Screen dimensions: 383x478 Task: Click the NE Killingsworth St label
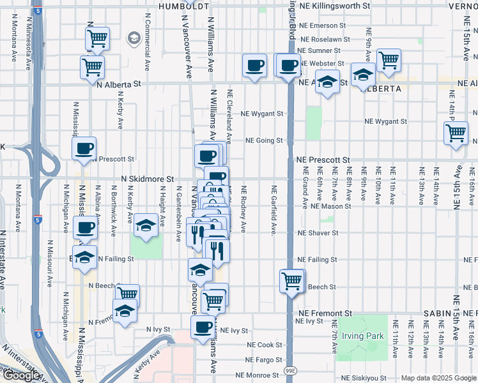pyautogui.click(x=334, y=5)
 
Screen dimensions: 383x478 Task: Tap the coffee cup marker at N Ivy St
pyautogui.click(x=203, y=327)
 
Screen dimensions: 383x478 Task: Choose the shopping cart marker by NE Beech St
pyautogui.click(x=292, y=281)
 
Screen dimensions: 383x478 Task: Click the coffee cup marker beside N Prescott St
pyautogui.click(x=84, y=149)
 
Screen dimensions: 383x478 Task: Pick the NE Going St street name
pyautogui.click(x=264, y=140)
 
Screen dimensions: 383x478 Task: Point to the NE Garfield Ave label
pyautogui.click(x=274, y=211)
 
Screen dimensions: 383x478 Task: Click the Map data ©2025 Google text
pyautogui.click(x=438, y=378)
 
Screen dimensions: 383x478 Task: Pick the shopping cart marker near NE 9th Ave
pyautogui.click(x=389, y=61)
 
